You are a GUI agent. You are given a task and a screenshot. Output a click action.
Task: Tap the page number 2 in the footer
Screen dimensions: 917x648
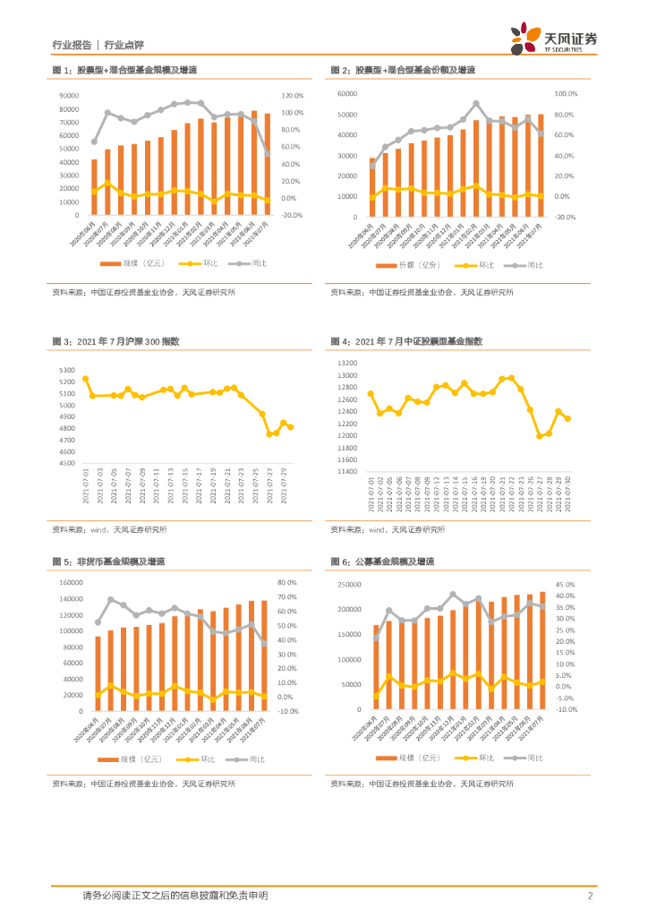(x=591, y=896)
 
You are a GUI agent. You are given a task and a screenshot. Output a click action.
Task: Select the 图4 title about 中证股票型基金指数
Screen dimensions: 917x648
(x=406, y=341)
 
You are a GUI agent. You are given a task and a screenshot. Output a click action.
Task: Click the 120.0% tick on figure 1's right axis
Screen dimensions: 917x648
(x=294, y=96)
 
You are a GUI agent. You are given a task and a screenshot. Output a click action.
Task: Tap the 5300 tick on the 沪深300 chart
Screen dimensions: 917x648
(x=68, y=370)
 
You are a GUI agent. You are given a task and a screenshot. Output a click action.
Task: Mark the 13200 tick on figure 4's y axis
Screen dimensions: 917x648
(x=347, y=364)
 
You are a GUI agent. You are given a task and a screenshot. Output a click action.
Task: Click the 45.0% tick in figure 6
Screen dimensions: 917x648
(x=565, y=584)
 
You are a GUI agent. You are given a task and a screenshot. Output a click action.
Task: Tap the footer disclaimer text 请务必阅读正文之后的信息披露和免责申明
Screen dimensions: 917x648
(x=175, y=896)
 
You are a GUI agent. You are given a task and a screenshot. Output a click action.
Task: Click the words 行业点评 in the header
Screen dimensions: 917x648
(x=124, y=44)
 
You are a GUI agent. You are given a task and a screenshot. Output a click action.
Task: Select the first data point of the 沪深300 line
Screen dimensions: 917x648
(x=86, y=379)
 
